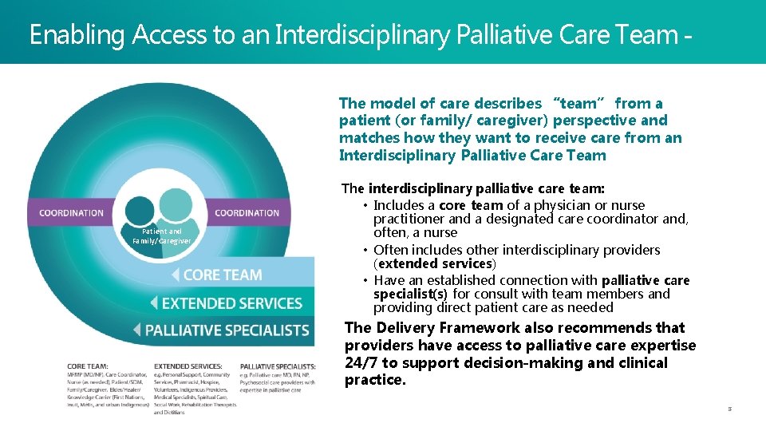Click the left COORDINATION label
pos(72,212)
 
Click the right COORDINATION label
pos(247,212)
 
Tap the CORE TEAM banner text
pos(223,275)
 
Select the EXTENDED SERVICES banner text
pos(232,303)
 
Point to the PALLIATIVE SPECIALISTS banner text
pos(227,330)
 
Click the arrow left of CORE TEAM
pos(175,275)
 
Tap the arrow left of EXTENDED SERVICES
pos(154,303)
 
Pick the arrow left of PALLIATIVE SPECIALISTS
pos(136,330)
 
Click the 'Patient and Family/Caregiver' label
pos(162,235)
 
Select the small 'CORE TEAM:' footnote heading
pos(89,366)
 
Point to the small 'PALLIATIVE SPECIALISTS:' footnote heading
pos(272,366)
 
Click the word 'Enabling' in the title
pos(78,34)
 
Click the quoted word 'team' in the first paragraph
pos(578,103)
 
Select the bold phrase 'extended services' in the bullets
pos(435,263)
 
